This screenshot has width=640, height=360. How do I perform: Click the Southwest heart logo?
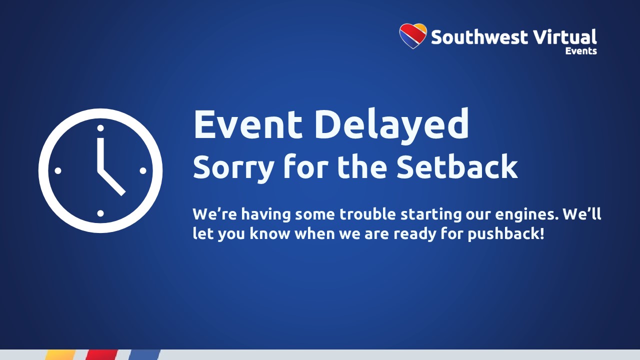(x=413, y=36)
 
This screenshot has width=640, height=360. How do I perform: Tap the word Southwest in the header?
(x=479, y=37)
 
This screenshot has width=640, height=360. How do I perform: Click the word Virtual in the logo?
(x=564, y=36)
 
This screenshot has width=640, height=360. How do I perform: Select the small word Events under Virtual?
(x=581, y=51)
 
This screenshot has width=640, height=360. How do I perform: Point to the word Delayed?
(x=391, y=125)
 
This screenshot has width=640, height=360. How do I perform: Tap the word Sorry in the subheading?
(x=233, y=168)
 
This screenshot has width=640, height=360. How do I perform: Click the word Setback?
(x=457, y=166)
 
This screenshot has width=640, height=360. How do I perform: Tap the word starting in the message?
(x=430, y=215)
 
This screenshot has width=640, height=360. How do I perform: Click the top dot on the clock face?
(x=100, y=128)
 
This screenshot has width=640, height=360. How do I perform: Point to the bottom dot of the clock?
(x=100, y=213)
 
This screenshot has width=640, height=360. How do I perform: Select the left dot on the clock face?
(x=57, y=171)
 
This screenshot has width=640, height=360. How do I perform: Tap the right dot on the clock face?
(x=143, y=171)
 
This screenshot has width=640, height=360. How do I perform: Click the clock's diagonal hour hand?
(x=111, y=182)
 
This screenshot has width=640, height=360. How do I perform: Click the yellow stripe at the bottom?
(x=60, y=355)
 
